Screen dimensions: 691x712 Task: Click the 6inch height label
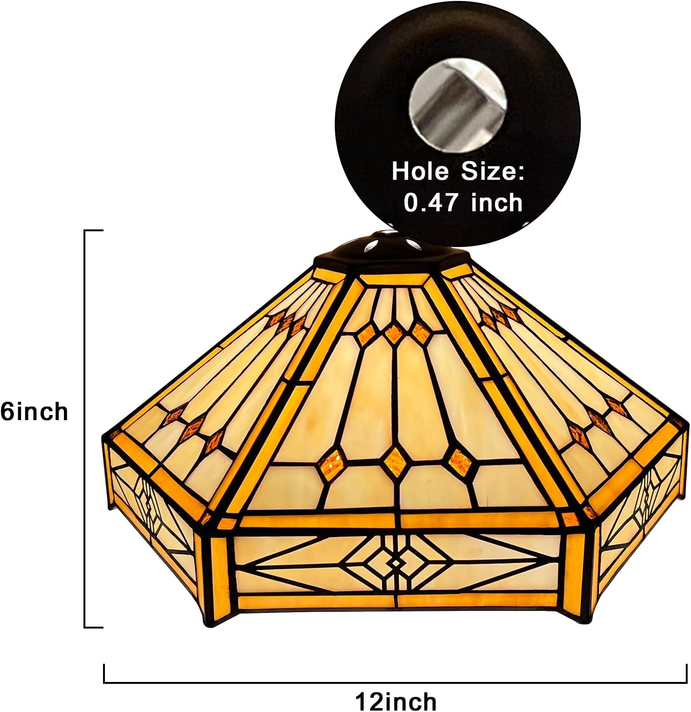34,411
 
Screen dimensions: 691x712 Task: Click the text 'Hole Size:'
457,171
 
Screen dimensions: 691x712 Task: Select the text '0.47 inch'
463,203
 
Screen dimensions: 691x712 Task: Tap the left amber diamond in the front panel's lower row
331,464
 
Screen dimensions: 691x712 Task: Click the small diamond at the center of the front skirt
396,563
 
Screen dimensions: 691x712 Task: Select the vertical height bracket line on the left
85,429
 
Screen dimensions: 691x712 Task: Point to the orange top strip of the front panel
401,281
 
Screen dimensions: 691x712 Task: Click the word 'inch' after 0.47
497,203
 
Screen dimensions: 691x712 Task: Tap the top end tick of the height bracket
94,231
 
